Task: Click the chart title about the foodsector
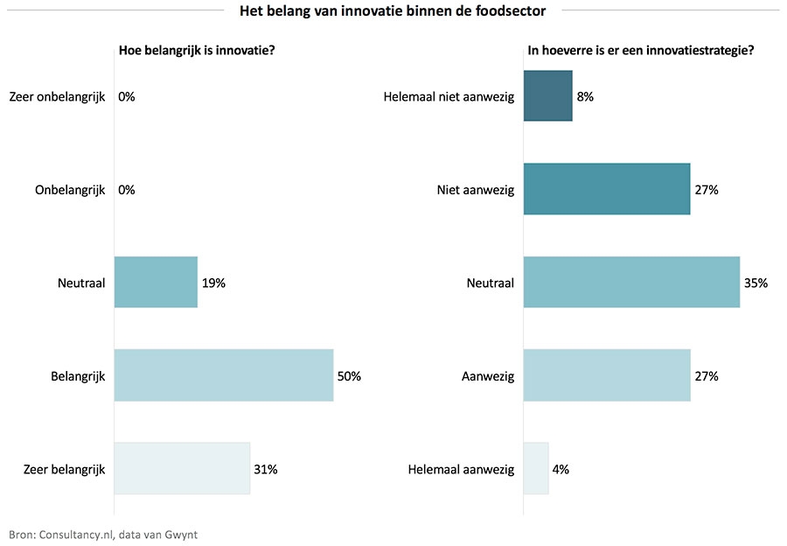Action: [x=393, y=10]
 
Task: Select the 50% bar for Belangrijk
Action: [x=224, y=375]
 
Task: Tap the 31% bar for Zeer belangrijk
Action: [x=182, y=469]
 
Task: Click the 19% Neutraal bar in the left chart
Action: [x=156, y=282]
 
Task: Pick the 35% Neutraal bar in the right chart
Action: [x=631, y=282]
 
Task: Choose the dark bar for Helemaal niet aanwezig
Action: [x=547, y=95]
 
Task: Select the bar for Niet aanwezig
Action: [x=607, y=189]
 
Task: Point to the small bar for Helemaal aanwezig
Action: [x=536, y=469]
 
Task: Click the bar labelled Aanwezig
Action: [x=607, y=375]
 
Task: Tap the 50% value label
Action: [x=349, y=376]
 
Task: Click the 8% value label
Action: [x=585, y=96]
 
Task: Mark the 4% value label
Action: [x=561, y=470]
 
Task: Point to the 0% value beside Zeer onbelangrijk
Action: [x=127, y=96]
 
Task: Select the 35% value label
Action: [x=756, y=283]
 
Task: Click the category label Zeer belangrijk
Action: [x=65, y=470]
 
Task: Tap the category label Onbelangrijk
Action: [x=70, y=190]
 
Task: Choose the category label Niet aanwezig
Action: [x=476, y=190]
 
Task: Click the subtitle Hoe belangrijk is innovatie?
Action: [x=198, y=50]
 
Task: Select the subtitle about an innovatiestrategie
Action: [x=641, y=50]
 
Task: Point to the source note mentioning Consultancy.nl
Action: [x=103, y=533]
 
